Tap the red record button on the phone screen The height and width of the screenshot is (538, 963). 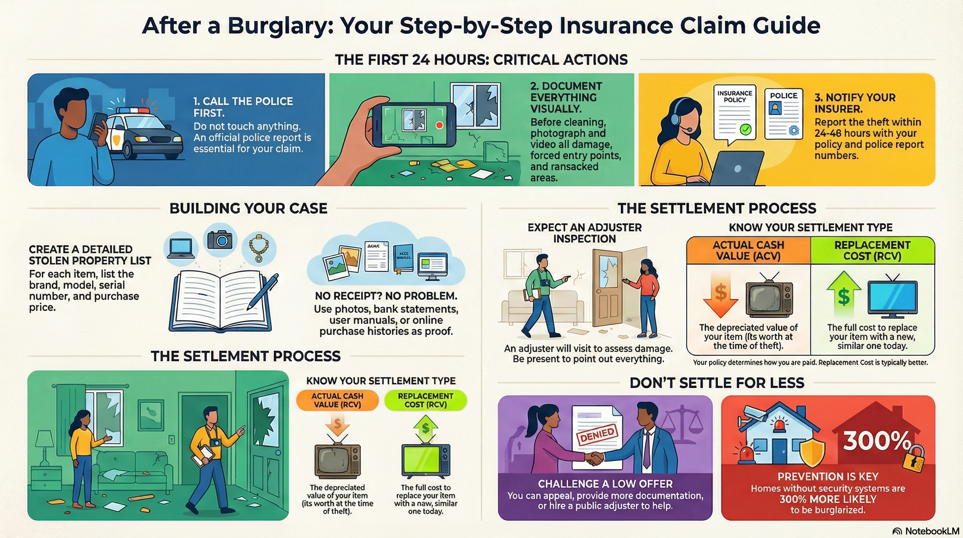tap(440, 125)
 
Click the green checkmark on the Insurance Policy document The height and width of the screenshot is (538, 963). tap(745, 130)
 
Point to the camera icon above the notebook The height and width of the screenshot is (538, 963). tap(220, 240)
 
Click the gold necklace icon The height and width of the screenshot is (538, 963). tap(259, 248)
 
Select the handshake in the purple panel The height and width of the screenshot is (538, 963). tap(595, 458)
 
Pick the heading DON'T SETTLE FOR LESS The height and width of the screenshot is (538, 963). tap(717, 383)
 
